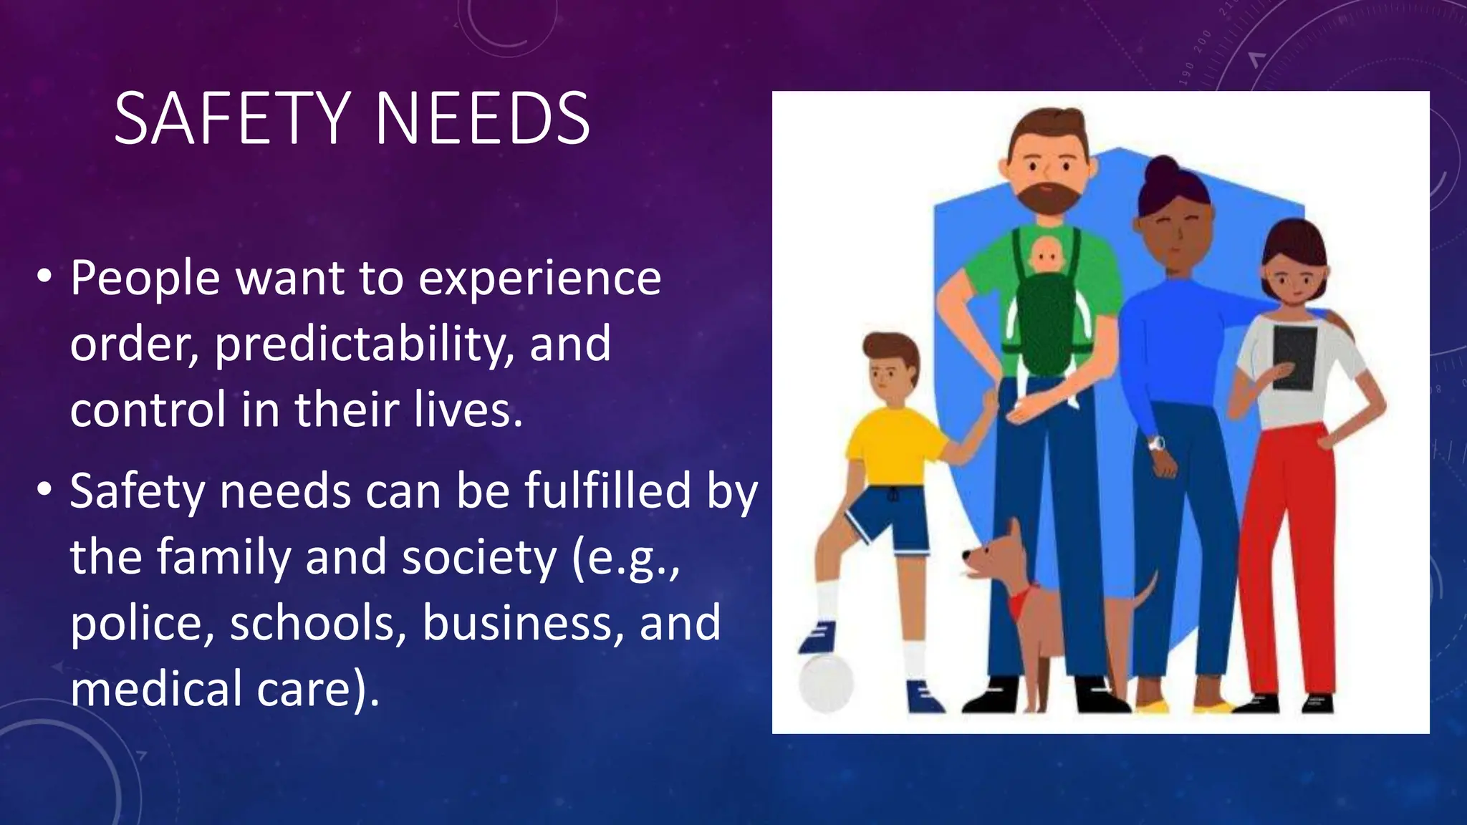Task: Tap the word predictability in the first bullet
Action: [x=363, y=344]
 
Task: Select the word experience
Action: [x=539, y=279]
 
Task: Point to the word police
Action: [x=142, y=623]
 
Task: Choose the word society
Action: [x=478, y=558]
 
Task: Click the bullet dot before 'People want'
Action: [x=44, y=276]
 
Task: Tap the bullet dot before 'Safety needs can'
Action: [x=44, y=490]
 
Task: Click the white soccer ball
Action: [x=826, y=682]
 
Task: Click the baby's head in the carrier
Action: [x=1047, y=255]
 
